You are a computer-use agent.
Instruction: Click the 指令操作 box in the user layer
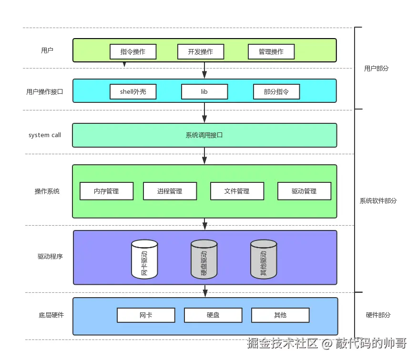pos(133,51)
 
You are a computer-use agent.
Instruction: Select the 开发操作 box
pos(200,51)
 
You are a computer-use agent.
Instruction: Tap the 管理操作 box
pos(271,51)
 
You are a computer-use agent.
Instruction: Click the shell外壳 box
pos(133,92)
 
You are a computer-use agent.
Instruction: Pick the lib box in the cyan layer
pos(204,92)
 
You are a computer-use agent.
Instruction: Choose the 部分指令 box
pos(276,92)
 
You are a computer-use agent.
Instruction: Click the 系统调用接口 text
pos(204,135)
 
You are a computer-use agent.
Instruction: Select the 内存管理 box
pos(106,191)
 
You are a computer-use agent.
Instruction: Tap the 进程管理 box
pos(170,191)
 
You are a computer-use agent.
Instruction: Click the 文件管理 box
pos(237,191)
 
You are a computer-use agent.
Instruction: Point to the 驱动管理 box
pos(304,191)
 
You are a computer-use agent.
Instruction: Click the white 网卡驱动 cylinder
pos(144,259)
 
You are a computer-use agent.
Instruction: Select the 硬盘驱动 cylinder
pos(204,259)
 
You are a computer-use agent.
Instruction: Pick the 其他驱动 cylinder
pos(264,259)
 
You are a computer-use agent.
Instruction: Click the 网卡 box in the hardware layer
pos(146,315)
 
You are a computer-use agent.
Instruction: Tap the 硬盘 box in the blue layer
pos(213,315)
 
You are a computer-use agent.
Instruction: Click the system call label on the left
pos(45,135)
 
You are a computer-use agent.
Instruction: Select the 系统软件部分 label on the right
pos(378,200)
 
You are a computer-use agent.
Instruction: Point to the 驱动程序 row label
pos(50,256)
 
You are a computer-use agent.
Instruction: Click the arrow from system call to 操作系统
pos(204,156)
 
